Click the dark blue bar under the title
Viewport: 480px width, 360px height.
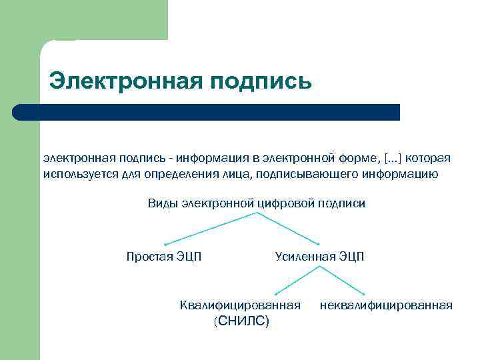click(x=207, y=112)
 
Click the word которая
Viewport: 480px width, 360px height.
click(x=428, y=159)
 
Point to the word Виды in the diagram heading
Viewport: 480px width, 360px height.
click(x=160, y=203)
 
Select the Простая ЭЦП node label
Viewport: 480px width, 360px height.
click(x=164, y=257)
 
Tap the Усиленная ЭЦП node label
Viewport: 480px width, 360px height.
click(x=319, y=257)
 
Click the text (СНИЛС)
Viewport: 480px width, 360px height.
click(x=241, y=321)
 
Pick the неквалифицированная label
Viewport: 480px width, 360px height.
click(x=386, y=305)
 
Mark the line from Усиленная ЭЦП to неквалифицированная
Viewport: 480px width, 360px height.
click(x=343, y=281)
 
